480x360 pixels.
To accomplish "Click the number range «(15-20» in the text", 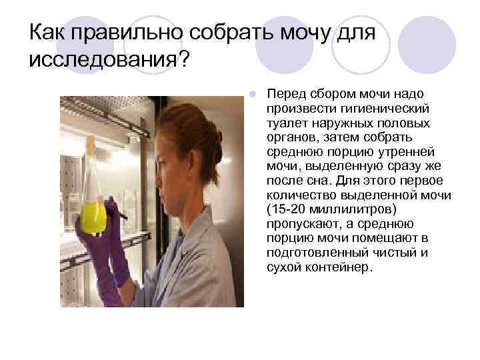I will pos(285,210).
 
